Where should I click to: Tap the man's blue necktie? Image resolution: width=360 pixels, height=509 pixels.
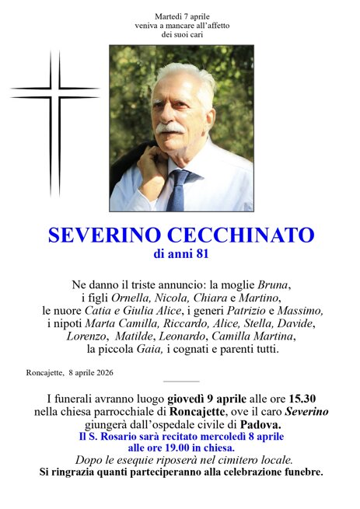(x=177, y=190)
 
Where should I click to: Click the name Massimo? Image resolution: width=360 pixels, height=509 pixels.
(x=302, y=310)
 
